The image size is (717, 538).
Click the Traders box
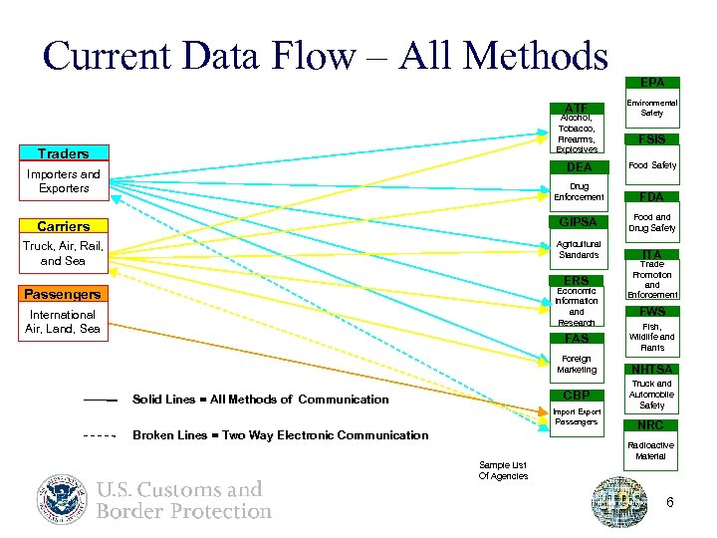pyautogui.click(x=64, y=153)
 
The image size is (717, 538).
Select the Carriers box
pyautogui.click(x=64, y=226)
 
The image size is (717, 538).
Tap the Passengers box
pyautogui.click(x=63, y=295)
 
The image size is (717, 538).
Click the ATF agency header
pyautogui.click(x=576, y=108)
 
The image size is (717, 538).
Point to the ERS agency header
pyautogui.click(x=577, y=280)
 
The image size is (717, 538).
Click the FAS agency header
pyautogui.click(x=577, y=339)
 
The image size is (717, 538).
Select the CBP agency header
pyautogui.click(x=577, y=395)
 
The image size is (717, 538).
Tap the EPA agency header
pyautogui.click(x=652, y=83)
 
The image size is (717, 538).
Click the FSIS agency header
pyautogui.click(x=652, y=139)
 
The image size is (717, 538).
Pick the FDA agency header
pyautogui.click(x=652, y=197)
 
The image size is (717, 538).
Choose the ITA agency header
pyautogui.click(x=652, y=255)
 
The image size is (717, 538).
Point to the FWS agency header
pyautogui.click(x=652, y=311)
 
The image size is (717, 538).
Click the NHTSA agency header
pyautogui.click(x=652, y=370)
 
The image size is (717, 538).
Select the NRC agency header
pyautogui.click(x=652, y=425)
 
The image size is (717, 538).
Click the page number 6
pyautogui.click(x=670, y=502)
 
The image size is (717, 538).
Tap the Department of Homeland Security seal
pyautogui.click(x=63, y=500)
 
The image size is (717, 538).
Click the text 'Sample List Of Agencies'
pyautogui.click(x=504, y=470)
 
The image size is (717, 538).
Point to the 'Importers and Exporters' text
pyautogui.click(x=64, y=181)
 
